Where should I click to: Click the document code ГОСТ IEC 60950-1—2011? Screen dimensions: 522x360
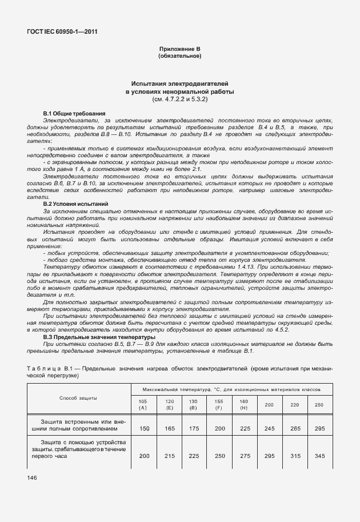[62, 31]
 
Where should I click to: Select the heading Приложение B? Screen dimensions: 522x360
[179, 50]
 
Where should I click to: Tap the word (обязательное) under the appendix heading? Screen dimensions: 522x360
[179, 57]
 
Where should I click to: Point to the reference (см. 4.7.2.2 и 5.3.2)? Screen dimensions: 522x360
[179, 99]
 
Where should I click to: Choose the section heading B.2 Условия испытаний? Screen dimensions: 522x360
[76, 204]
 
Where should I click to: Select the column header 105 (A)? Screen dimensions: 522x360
[143, 404]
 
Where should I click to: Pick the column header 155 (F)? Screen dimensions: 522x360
[218, 404]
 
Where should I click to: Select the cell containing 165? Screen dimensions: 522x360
[170, 428]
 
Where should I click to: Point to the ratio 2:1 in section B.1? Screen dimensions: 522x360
[194, 169]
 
